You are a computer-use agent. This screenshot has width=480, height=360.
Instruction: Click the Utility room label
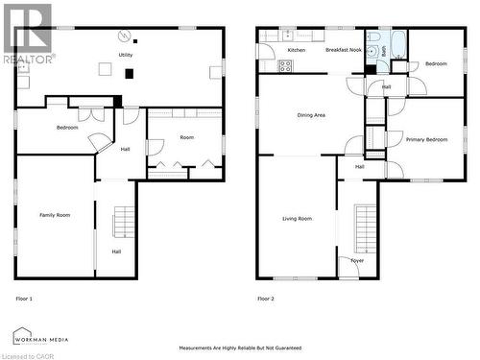click(126, 56)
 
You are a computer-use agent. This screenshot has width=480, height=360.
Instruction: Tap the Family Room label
click(55, 215)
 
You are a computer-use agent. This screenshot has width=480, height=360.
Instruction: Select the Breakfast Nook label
click(343, 49)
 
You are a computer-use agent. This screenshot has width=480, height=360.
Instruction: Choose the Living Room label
click(297, 219)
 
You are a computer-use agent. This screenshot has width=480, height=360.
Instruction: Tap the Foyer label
click(357, 260)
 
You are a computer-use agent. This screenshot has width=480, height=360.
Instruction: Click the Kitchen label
click(297, 49)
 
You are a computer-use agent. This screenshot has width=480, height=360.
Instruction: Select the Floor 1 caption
click(24, 299)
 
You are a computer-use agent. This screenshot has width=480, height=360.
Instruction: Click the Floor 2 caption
click(265, 299)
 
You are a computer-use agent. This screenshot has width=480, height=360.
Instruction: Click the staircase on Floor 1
click(123, 223)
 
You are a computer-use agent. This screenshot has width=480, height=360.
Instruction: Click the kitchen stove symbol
click(285, 65)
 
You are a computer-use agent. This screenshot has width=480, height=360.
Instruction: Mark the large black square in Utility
click(130, 73)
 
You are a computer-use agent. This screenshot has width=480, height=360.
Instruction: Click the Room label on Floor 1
click(186, 137)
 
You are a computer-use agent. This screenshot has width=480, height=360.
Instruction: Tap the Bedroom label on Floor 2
click(436, 64)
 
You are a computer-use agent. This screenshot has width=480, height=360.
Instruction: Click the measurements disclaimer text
click(240, 348)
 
